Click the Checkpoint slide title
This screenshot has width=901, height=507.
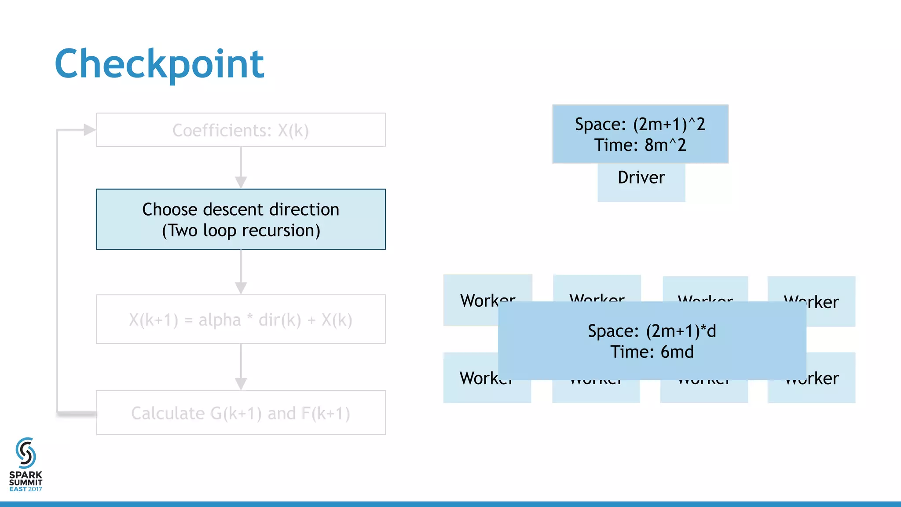pos(159,64)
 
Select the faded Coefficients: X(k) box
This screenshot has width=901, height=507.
pos(241,130)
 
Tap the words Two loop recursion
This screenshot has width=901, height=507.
pos(241,231)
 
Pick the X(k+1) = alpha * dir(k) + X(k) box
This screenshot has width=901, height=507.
pos(241,320)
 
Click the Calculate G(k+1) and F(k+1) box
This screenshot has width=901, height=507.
pos(241,413)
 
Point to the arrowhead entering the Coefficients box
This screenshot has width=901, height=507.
pos(89,130)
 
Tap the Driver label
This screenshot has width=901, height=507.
pos(641,178)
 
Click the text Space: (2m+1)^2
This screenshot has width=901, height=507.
pos(640,124)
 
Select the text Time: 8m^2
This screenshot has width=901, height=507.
pos(640,145)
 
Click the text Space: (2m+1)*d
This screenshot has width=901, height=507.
pos(652,331)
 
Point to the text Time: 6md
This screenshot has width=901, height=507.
pos(652,352)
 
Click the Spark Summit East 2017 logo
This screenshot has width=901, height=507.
pos(26,464)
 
